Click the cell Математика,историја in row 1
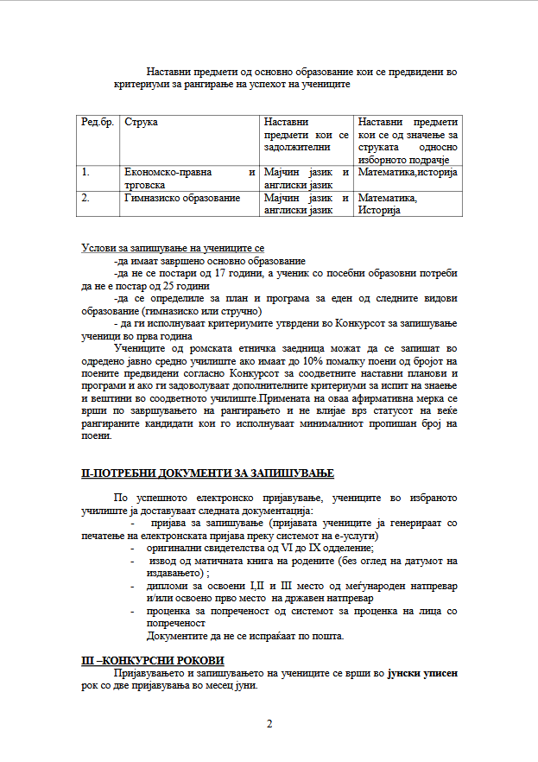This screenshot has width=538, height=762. (x=408, y=173)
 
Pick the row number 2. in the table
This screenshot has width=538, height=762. (x=86, y=198)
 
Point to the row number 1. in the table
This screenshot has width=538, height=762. (x=86, y=173)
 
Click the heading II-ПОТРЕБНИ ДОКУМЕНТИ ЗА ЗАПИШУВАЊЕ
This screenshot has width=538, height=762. (x=206, y=474)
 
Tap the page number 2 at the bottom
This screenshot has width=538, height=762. (x=269, y=723)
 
